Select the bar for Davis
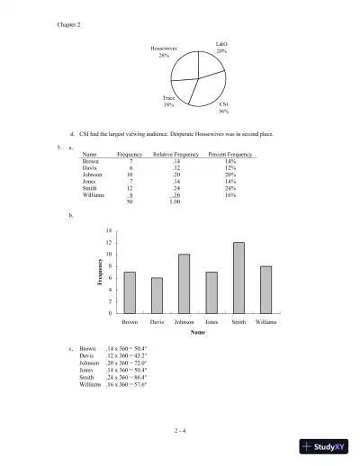(157, 295)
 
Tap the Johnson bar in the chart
(184, 283)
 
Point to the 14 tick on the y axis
(108, 231)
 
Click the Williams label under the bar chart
(265, 321)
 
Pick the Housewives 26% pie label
(164, 51)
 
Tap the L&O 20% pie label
(221, 48)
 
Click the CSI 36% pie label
(223, 108)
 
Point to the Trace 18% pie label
(169, 102)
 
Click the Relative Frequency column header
(175, 155)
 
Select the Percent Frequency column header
(231, 155)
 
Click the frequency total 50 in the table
(131, 202)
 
